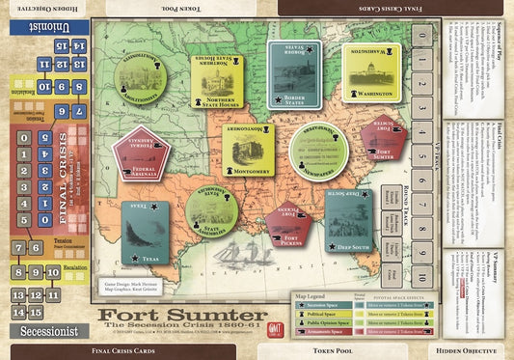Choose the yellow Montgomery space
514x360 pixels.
pos(248,150)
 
